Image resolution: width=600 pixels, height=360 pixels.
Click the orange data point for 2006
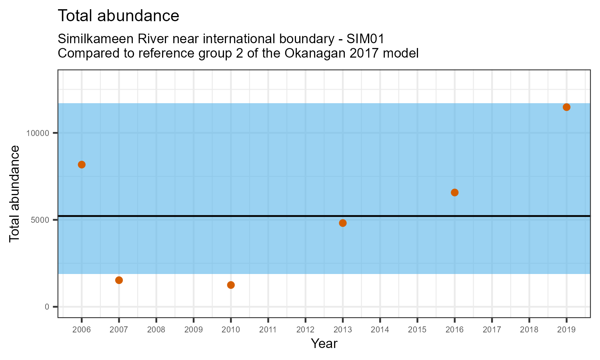(x=82, y=164)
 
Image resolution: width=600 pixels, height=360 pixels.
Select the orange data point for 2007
(x=119, y=280)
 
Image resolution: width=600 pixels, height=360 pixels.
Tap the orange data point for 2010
(x=231, y=285)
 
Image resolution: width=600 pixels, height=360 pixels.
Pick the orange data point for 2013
(x=343, y=223)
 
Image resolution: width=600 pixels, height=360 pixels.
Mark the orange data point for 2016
(x=454, y=192)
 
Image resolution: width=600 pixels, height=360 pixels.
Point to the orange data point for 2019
(x=566, y=107)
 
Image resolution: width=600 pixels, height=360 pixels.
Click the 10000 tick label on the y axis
(x=38, y=133)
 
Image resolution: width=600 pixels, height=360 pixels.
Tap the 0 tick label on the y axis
(x=47, y=307)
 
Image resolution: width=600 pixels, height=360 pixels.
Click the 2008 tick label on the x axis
(x=156, y=330)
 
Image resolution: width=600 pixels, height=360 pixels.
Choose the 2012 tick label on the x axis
(x=305, y=330)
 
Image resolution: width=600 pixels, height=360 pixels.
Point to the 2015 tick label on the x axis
(x=417, y=330)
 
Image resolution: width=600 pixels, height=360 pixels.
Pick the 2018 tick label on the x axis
(x=529, y=330)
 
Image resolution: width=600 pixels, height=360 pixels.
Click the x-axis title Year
(x=324, y=344)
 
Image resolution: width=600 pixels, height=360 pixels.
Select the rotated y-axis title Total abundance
(x=14, y=194)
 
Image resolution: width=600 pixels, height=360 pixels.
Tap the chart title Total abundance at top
(x=118, y=16)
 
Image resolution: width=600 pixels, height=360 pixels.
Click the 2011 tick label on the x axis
(x=268, y=330)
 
